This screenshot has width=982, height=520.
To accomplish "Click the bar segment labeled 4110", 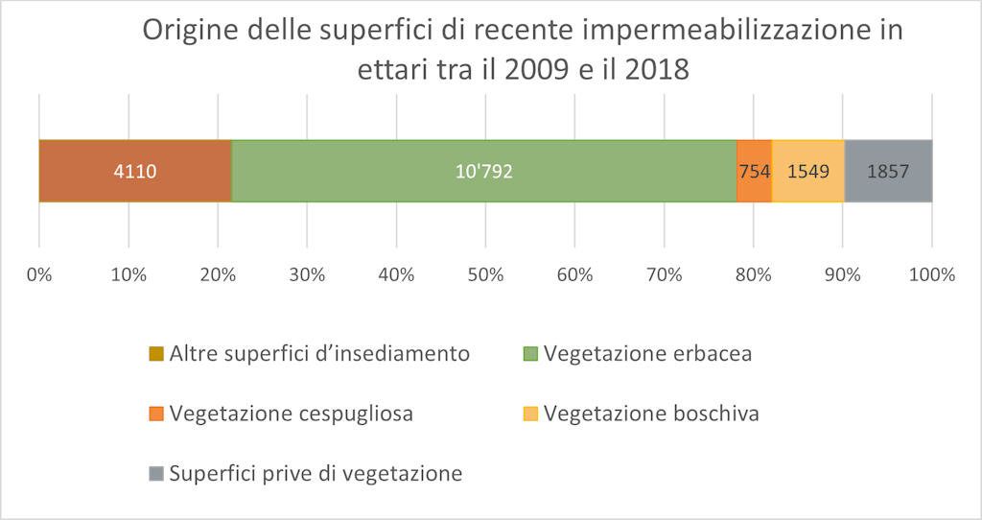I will [x=135, y=171].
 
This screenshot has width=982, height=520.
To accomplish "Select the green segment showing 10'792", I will [x=483, y=171].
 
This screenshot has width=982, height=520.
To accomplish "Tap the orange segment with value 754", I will [x=754, y=171].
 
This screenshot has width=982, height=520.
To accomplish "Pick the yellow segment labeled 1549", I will [x=807, y=171].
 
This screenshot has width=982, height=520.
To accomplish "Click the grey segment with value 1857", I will [x=888, y=171].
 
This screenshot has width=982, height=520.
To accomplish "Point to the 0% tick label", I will [x=39, y=275].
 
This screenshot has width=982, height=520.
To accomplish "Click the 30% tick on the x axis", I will [x=307, y=275].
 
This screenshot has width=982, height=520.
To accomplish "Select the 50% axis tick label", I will [x=485, y=275].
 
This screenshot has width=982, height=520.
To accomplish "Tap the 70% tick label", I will [x=664, y=275].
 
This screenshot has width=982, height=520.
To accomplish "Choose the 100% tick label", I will [x=932, y=275].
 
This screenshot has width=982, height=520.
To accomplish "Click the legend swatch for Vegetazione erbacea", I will [x=529, y=354].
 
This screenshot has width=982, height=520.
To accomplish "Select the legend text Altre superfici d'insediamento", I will [x=319, y=354].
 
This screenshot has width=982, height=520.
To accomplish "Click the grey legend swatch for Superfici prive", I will [x=156, y=474].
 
